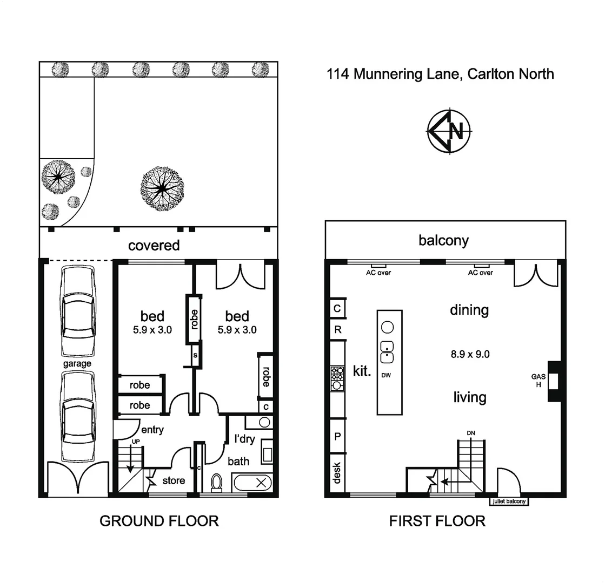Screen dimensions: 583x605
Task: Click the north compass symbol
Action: click(x=450, y=131)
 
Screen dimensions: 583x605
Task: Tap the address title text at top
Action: click(x=440, y=74)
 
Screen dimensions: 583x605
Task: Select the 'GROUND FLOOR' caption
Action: click(x=159, y=521)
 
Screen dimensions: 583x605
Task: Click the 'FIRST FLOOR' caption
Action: click(x=437, y=521)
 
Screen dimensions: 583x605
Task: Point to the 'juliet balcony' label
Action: click(x=509, y=501)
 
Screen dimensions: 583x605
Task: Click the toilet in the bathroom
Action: click(x=217, y=482)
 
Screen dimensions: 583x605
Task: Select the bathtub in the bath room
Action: click(x=252, y=482)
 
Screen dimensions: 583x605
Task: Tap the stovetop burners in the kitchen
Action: click(x=337, y=378)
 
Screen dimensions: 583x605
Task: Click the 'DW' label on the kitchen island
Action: click(x=386, y=375)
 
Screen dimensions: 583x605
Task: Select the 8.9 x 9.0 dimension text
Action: click(x=470, y=355)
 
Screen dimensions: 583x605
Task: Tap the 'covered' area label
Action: click(x=154, y=246)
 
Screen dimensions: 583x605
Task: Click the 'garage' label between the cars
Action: click(x=77, y=364)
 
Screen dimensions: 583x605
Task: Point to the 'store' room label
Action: click(x=174, y=480)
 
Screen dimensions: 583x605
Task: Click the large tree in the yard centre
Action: click(x=161, y=187)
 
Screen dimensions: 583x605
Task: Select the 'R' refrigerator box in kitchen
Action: click(x=337, y=330)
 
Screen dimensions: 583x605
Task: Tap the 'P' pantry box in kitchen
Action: click(x=337, y=436)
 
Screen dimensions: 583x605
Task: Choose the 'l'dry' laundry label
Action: click(x=244, y=439)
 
